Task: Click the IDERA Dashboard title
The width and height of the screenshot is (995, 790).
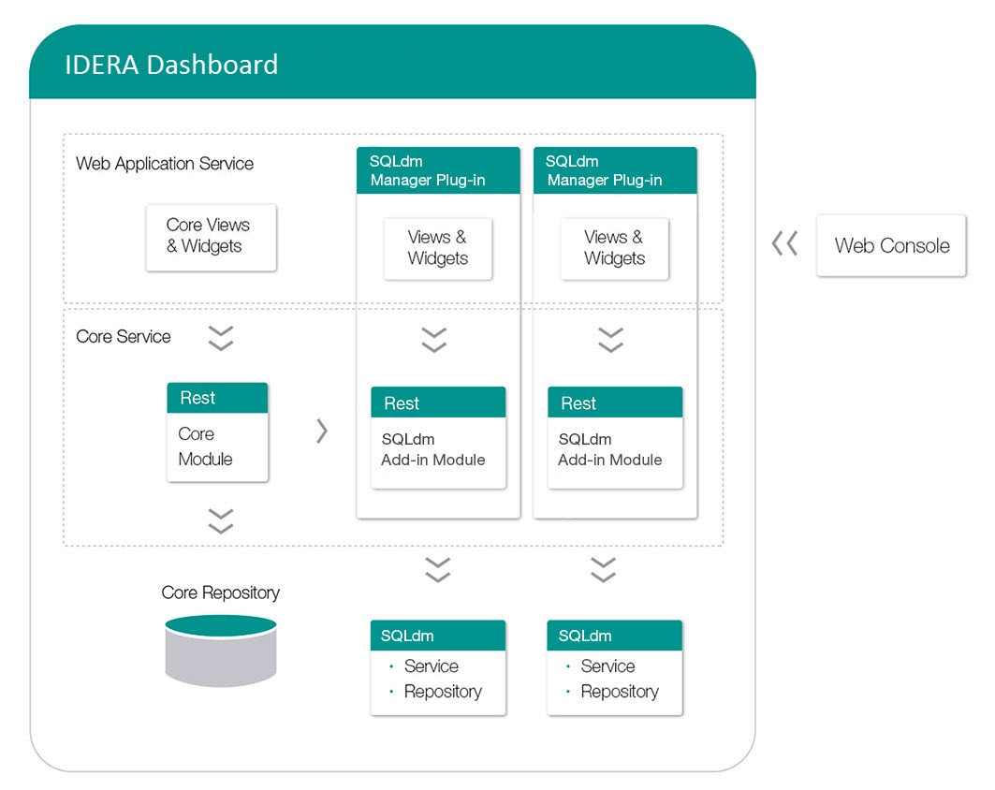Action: tap(171, 65)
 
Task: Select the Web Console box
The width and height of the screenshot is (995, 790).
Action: tap(891, 246)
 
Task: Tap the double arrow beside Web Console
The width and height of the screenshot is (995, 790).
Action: tap(784, 245)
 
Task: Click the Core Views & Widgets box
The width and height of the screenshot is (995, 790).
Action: tap(211, 237)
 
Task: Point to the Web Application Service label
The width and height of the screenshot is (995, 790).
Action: tap(165, 164)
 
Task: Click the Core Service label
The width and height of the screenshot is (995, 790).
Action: tap(124, 337)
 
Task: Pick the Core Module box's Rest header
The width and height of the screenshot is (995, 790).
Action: tap(217, 398)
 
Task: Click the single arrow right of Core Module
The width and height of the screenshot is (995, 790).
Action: tap(322, 431)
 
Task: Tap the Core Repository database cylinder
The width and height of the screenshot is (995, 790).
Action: tap(221, 651)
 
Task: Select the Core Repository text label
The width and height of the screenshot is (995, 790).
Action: tap(220, 592)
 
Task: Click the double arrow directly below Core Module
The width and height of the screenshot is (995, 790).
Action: tap(221, 521)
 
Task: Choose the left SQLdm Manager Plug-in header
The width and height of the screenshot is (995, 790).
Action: tap(437, 170)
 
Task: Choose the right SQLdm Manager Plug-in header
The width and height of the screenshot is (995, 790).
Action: tap(614, 170)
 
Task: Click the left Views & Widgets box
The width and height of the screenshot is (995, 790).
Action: tap(438, 248)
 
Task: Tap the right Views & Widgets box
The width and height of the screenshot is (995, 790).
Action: tap(614, 248)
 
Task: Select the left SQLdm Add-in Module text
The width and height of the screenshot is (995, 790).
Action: tap(432, 449)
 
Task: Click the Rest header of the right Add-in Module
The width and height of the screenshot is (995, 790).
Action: tap(614, 403)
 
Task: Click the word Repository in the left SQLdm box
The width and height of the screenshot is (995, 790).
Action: tap(442, 692)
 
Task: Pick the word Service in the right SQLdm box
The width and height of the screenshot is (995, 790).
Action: tap(607, 666)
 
